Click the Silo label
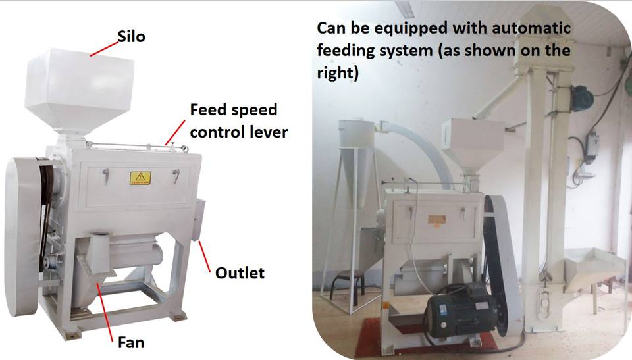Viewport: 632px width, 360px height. (132, 36)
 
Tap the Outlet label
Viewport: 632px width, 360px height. (240, 272)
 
